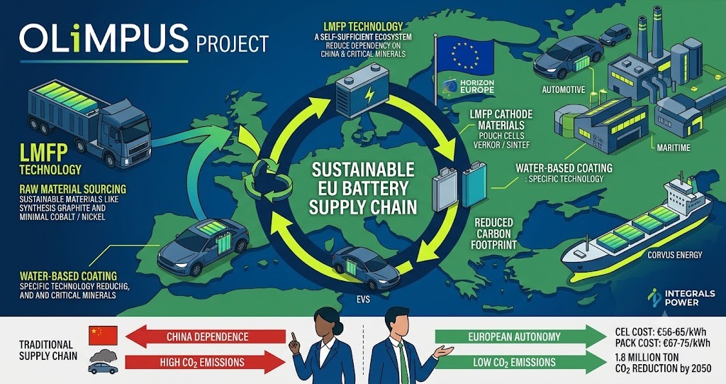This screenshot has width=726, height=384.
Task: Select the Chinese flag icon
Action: click(x=104, y=335)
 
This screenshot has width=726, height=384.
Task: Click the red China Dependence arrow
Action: click(x=206, y=336)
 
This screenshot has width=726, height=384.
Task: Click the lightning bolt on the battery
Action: click(x=369, y=95)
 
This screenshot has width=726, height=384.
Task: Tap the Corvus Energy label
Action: click(x=675, y=255)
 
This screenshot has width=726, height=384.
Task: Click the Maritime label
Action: click(x=674, y=148)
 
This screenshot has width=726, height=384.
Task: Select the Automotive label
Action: click(x=564, y=89)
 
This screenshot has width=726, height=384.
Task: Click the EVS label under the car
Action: click(x=363, y=300)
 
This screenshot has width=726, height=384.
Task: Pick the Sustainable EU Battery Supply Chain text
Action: click(x=363, y=188)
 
